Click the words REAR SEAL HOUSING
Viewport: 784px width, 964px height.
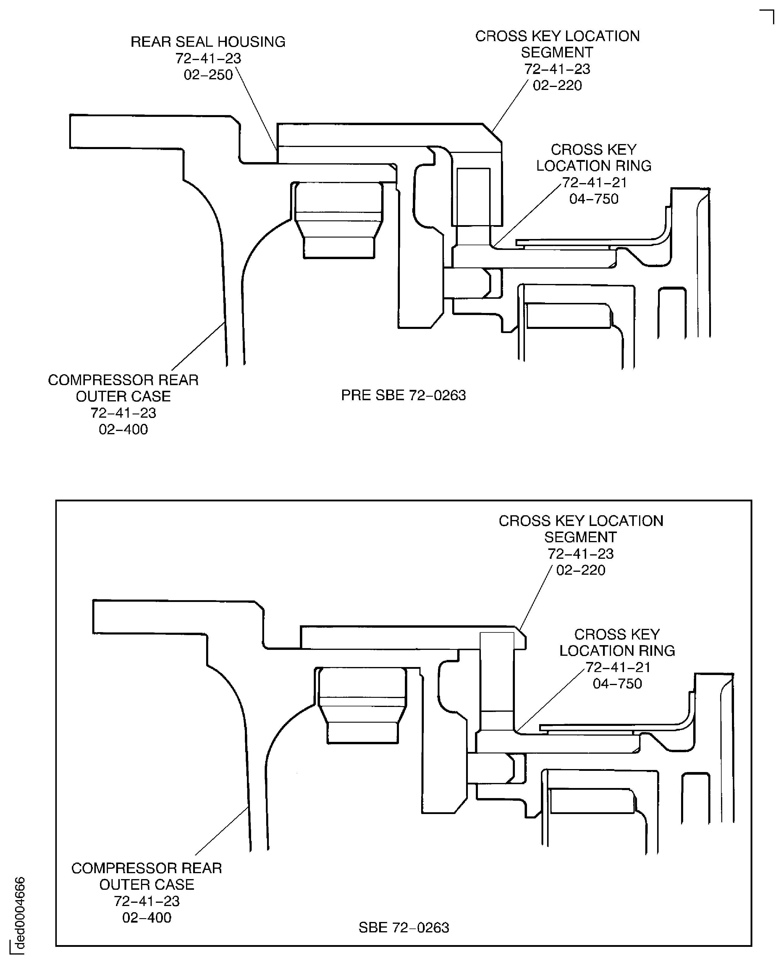pyautogui.click(x=208, y=42)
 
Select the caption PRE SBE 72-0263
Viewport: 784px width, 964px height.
pyautogui.click(x=403, y=395)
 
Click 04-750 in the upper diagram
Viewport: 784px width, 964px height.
pyautogui.click(x=594, y=199)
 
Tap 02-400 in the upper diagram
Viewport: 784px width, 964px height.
pyautogui.click(x=123, y=429)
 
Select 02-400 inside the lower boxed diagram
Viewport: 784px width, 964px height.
pyautogui.click(x=147, y=918)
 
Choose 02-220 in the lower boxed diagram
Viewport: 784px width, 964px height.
pyautogui.click(x=581, y=570)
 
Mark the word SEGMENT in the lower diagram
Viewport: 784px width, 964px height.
pyautogui.click(x=580, y=537)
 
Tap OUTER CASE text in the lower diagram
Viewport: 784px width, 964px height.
pyautogui.click(x=147, y=884)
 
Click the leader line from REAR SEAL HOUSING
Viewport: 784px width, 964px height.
pyautogui.click(x=256, y=109)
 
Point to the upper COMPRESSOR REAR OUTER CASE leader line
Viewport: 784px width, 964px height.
pyautogui.click(x=198, y=345)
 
